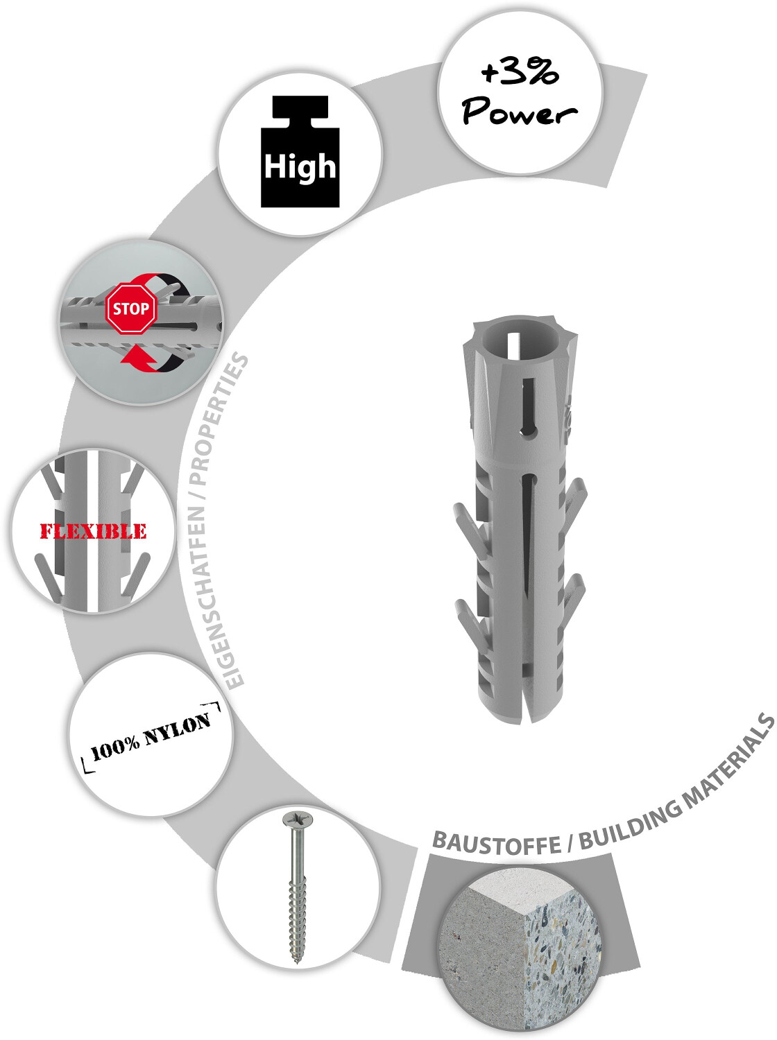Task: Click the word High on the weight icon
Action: click(x=300, y=167)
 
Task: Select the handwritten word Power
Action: click(x=519, y=112)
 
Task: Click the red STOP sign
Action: click(x=131, y=309)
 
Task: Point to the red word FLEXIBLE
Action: click(x=93, y=532)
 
